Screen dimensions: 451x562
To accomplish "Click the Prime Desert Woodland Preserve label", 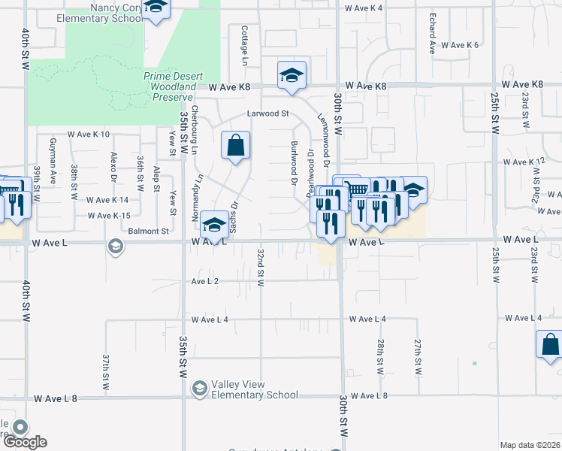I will pyautogui.click(x=170, y=86).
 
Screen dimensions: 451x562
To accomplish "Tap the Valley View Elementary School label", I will pyautogui.click(x=255, y=389).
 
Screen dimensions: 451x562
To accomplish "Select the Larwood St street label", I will pyautogui.click(x=270, y=114).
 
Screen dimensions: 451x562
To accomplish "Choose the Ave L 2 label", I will pyautogui.click(x=204, y=281).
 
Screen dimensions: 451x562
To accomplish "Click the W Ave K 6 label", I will pyautogui.click(x=460, y=45).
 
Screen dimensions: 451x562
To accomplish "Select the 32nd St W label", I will pyautogui.click(x=261, y=268).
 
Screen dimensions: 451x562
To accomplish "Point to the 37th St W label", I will pyautogui.click(x=107, y=372).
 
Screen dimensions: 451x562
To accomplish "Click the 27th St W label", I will pyautogui.click(x=418, y=356).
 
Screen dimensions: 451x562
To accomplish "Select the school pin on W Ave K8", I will pyautogui.click(x=292, y=75).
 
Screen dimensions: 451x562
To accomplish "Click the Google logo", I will pyautogui.click(x=24, y=442).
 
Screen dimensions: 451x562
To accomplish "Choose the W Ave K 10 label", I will pyautogui.click(x=88, y=134).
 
